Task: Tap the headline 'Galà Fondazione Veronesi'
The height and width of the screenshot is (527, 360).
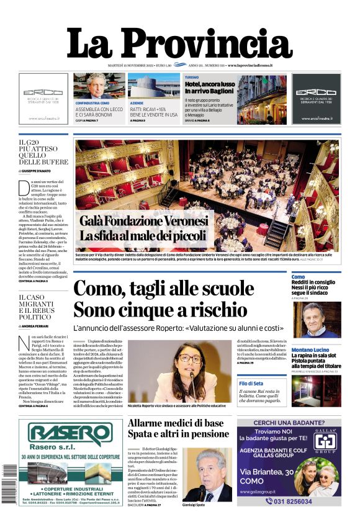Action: tap(143, 222)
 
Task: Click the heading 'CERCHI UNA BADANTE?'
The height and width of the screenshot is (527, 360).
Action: tap(288, 423)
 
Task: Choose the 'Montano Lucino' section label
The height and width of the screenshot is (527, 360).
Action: tap(310, 350)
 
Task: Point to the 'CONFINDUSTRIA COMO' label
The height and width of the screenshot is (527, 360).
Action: tap(92, 102)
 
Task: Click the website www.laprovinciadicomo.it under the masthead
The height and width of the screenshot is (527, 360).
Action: tap(254, 65)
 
